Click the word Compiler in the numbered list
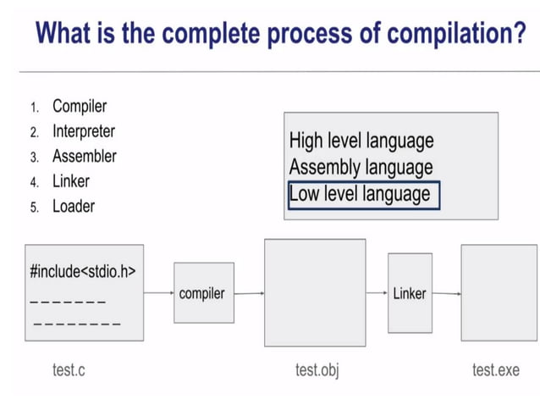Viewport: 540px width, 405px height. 80,107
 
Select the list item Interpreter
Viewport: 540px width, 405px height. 83,131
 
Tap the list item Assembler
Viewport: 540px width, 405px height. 84,156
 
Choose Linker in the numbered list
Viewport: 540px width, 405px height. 70,180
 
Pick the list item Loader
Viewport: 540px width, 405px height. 73,206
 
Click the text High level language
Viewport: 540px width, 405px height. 361,140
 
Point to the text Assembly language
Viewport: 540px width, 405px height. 361,167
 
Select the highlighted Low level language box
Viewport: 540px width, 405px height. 363,194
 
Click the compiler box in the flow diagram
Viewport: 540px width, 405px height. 203,293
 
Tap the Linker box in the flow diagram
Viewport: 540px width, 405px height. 409,293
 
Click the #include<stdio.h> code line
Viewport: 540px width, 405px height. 82,272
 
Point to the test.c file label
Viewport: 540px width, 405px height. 69,370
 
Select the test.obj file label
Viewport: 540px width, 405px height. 317,370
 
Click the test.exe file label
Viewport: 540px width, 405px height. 496,370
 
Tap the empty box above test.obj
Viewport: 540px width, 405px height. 315,292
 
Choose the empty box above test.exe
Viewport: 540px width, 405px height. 499,292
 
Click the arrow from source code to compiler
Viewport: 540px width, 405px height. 158,293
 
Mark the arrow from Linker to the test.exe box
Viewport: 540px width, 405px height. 446,294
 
